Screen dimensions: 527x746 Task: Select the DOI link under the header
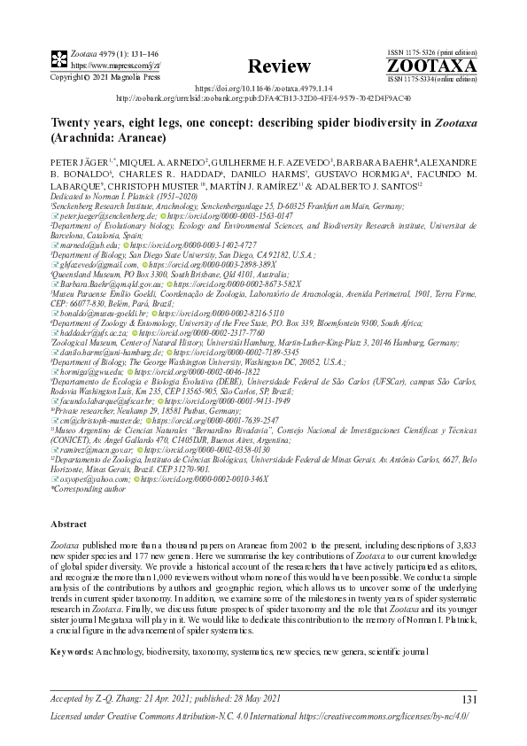click(x=263, y=89)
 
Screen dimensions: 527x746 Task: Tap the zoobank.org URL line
click(x=263, y=98)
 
